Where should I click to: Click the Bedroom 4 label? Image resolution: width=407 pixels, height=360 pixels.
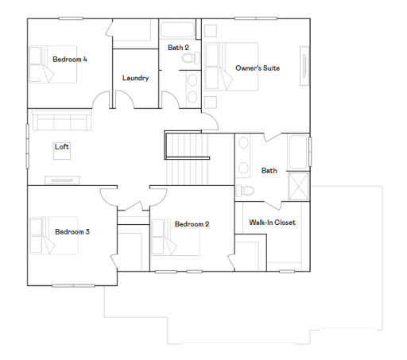coord(70,60)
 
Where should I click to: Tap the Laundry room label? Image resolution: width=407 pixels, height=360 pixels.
coord(135,78)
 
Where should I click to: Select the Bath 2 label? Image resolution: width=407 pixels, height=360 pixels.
coord(178,48)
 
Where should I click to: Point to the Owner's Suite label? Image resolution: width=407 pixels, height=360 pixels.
coord(258,68)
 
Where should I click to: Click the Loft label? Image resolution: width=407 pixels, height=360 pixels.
coord(61,146)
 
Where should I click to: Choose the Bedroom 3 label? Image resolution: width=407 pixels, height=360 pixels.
coord(72,232)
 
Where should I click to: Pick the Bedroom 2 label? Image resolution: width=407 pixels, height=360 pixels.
coord(192,224)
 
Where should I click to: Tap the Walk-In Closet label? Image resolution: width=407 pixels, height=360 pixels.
coord(272,223)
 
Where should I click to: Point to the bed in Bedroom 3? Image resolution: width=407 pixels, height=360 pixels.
coord(54,235)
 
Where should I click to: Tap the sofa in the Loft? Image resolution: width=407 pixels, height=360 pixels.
coord(61,121)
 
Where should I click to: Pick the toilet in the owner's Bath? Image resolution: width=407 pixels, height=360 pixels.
coord(245,190)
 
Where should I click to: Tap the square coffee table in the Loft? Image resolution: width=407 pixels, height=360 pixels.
coord(61,153)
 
